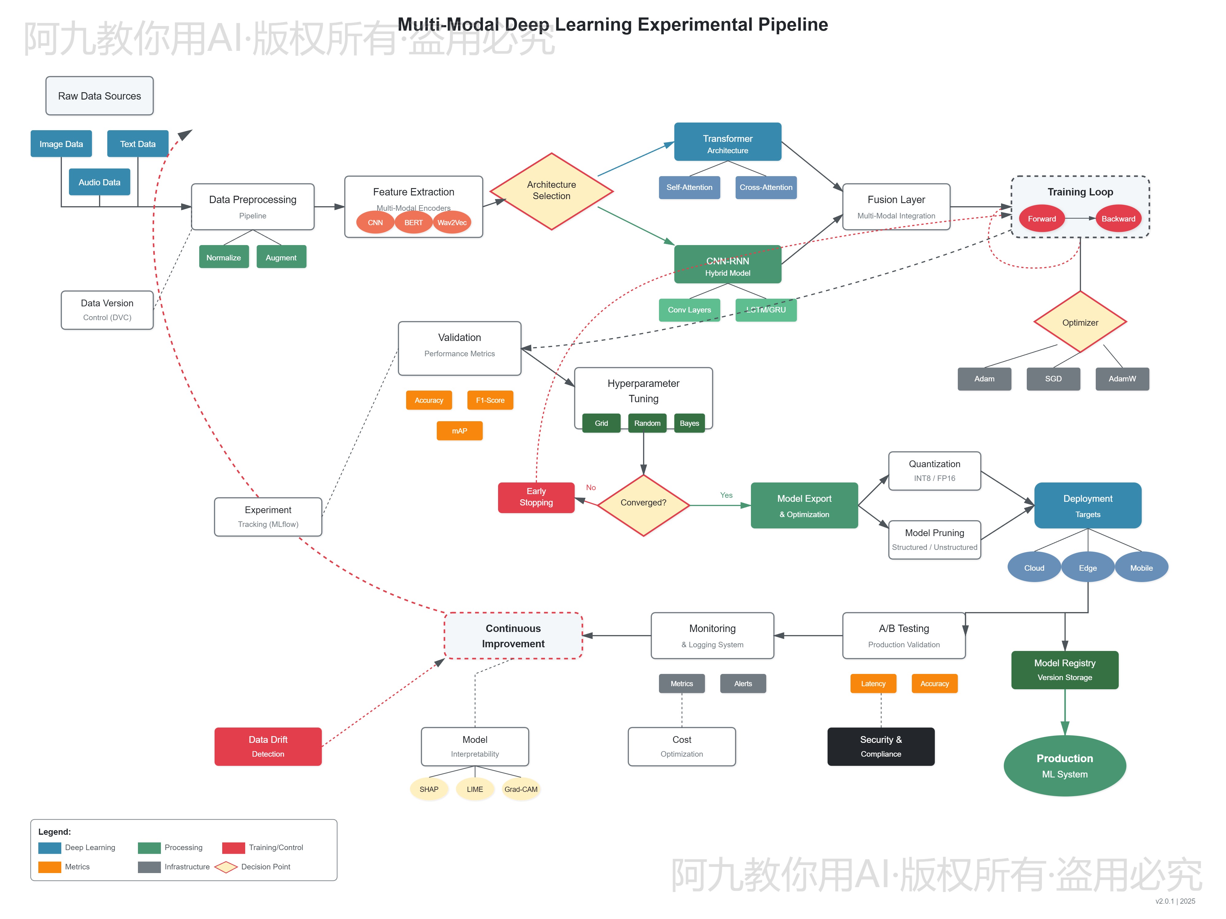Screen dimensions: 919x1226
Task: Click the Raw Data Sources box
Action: pos(99,96)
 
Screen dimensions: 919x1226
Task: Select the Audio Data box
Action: pos(99,182)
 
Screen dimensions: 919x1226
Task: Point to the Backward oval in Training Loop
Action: pos(1118,219)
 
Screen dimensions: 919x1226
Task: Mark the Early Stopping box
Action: pos(536,497)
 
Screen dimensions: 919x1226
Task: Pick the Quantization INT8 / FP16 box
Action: pos(935,471)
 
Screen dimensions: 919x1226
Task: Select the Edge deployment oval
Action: pos(1087,568)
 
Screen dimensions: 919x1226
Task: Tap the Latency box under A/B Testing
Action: pos(873,683)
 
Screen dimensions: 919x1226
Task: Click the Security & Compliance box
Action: pos(881,746)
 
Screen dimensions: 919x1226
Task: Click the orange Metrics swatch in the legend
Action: pos(49,867)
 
